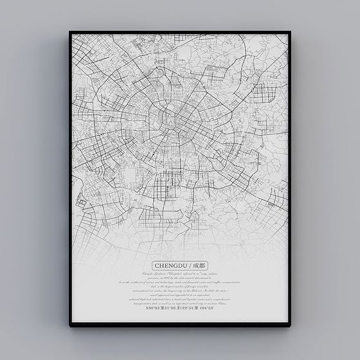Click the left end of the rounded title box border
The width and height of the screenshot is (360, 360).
point(152,265)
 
